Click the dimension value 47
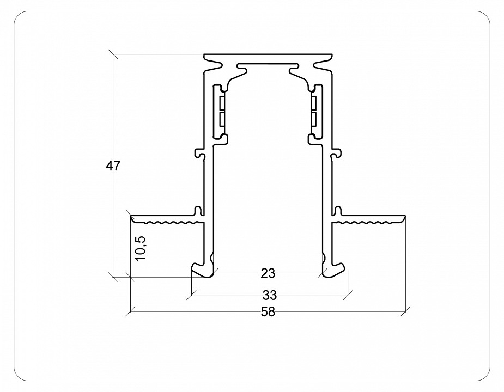(113, 167)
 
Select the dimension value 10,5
(141, 248)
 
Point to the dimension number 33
(269, 296)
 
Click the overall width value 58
(268, 312)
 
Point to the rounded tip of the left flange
(132, 218)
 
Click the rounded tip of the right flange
(404, 218)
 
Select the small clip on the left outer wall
(199, 154)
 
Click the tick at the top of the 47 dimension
(113, 54)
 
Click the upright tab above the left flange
(198, 210)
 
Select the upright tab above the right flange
(338, 210)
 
